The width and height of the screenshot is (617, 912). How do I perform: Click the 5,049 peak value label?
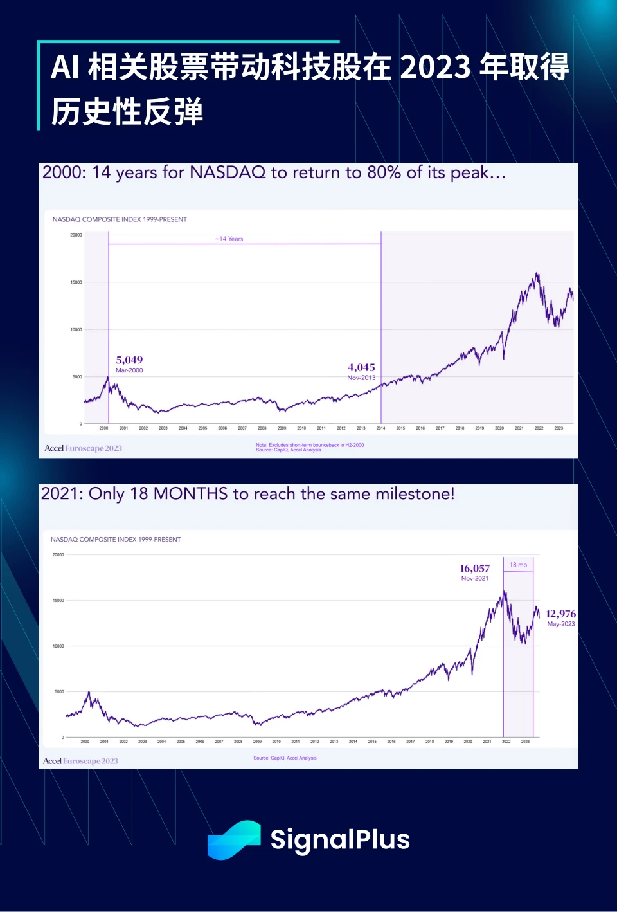tap(129, 360)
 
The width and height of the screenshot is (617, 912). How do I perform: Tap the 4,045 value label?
tap(361, 367)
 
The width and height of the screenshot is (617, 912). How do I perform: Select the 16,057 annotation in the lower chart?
tap(474, 569)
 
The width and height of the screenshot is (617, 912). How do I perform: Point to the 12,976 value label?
tap(560, 614)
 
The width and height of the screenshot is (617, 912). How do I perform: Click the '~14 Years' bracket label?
tap(229, 239)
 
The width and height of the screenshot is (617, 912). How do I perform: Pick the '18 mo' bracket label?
tap(518, 565)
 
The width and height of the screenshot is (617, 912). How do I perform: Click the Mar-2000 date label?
tap(129, 370)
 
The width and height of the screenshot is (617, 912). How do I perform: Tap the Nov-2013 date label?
tap(361, 378)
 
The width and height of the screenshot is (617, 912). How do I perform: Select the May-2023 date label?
tap(561, 624)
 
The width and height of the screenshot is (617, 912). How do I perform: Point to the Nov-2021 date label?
tap(474, 578)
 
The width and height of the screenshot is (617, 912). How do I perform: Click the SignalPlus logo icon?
tap(234, 840)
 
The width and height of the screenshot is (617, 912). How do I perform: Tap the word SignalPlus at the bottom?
tap(340, 840)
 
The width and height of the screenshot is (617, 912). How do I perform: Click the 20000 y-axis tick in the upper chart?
tap(76, 235)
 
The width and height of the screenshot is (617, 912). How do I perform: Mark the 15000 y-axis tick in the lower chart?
tap(58, 601)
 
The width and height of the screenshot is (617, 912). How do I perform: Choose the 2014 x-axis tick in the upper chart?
tap(380, 428)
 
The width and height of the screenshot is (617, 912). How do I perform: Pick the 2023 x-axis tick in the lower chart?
tap(525, 742)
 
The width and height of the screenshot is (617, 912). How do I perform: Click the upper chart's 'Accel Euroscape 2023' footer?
tap(83, 448)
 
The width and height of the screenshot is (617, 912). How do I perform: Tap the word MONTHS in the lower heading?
tap(190, 494)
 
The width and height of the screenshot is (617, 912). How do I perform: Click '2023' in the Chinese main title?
tap(435, 68)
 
